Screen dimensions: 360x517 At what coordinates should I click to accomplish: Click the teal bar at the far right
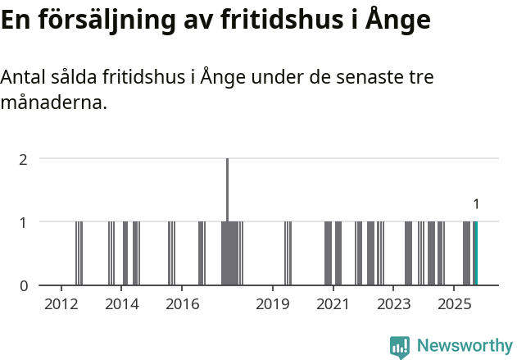click(x=475, y=253)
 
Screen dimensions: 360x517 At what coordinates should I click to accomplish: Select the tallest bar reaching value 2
click(x=227, y=221)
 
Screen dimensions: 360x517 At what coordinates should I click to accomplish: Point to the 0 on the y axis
click(x=24, y=285)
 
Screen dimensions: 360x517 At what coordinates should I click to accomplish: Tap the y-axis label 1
click(x=24, y=221)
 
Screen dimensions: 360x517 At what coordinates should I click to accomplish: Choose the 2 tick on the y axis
click(x=24, y=158)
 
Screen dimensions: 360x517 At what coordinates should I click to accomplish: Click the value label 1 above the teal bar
click(x=476, y=204)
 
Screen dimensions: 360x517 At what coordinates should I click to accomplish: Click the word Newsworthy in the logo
click(x=465, y=345)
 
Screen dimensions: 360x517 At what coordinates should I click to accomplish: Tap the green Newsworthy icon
click(x=400, y=347)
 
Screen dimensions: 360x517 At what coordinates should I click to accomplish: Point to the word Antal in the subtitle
click(x=25, y=78)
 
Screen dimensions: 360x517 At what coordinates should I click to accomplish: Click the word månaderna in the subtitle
click(x=54, y=104)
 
